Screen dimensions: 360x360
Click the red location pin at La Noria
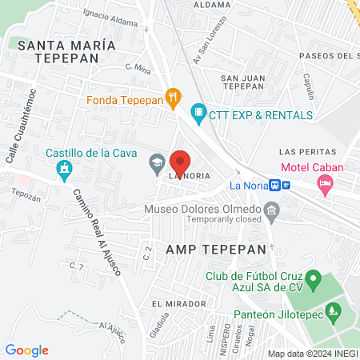point(181,162)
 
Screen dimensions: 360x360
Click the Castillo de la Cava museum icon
point(65,170)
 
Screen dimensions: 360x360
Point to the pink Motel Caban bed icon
point(325,186)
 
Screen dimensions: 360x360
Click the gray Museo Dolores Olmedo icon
point(272,214)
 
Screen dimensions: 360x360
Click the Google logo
point(26,350)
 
